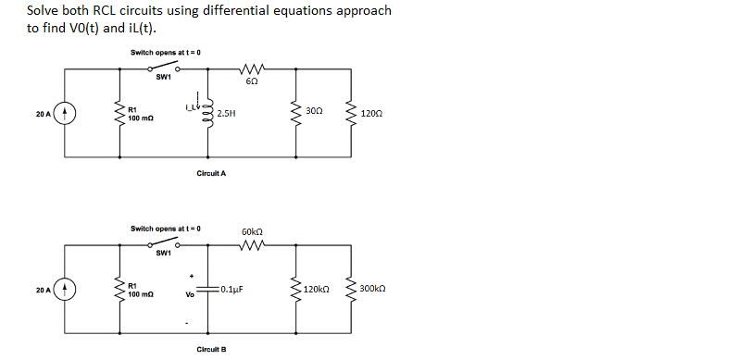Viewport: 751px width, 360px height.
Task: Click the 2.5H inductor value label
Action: [x=226, y=114]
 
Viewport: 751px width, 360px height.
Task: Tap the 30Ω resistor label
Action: [x=314, y=111]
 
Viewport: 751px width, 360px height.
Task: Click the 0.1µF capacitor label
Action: [x=232, y=289]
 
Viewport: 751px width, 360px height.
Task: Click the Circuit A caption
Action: [x=211, y=173]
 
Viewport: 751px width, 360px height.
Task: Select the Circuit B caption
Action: [x=211, y=349]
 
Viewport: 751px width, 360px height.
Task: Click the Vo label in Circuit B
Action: [x=190, y=296]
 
